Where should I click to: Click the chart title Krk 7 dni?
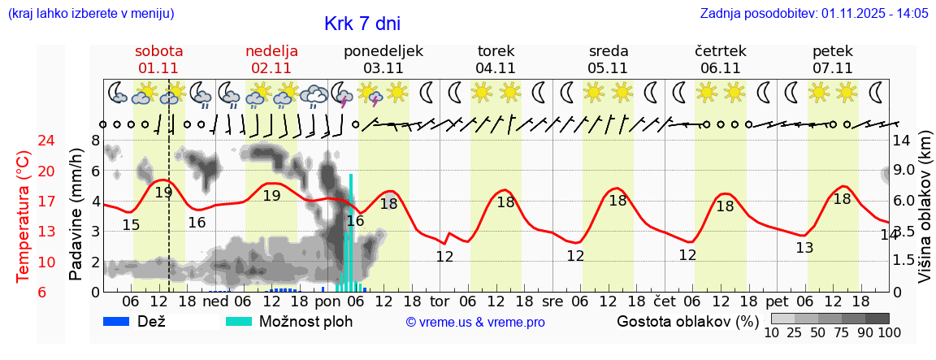(x=362, y=24)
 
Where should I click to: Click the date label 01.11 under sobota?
(x=158, y=68)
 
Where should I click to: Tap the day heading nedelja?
(x=271, y=51)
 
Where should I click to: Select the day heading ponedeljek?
(x=383, y=51)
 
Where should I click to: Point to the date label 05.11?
(x=608, y=68)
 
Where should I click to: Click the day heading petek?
(x=832, y=51)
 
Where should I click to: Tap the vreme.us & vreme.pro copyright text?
(x=475, y=323)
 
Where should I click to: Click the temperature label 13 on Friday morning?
(x=804, y=248)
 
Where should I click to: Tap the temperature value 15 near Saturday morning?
(x=131, y=225)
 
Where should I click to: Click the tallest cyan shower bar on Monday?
(x=351, y=232)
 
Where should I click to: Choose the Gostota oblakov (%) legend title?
(x=687, y=321)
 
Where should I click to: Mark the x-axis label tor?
(x=440, y=300)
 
